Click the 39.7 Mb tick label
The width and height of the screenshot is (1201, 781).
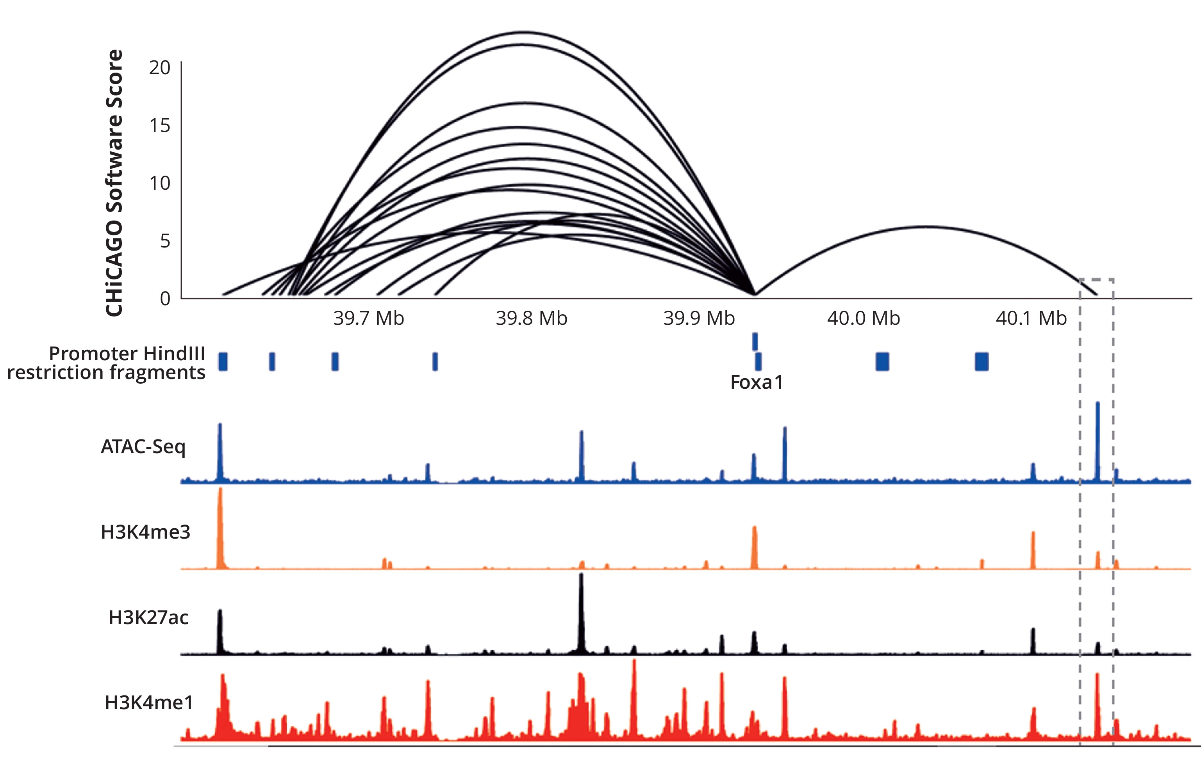pyautogui.click(x=368, y=318)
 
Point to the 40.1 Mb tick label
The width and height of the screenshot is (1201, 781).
pyautogui.click(x=1031, y=318)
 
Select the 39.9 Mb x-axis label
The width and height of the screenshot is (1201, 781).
pyautogui.click(x=698, y=318)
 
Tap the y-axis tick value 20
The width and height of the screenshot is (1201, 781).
pyautogui.click(x=159, y=68)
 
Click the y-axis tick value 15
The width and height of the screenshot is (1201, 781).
pyautogui.click(x=159, y=125)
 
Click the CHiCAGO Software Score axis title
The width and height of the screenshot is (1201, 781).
pyautogui.click(x=114, y=183)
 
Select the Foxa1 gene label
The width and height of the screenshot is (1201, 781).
pyautogui.click(x=757, y=382)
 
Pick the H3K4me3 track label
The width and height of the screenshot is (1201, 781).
pyautogui.click(x=145, y=532)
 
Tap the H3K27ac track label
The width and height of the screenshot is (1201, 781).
pyautogui.click(x=148, y=617)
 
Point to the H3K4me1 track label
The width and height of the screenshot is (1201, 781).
pyautogui.click(x=149, y=702)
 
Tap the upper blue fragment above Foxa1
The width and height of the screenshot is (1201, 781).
pyautogui.click(x=755, y=342)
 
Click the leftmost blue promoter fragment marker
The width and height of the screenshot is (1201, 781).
pyautogui.click(x=223, y=361)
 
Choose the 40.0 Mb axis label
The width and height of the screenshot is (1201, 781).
pyautogui.click(x=864, y=318)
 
